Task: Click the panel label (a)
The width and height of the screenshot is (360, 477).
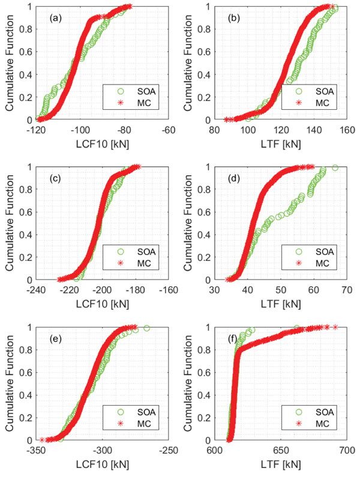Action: [x=55, y=18]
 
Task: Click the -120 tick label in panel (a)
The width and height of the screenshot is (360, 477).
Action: [x=37, y=129]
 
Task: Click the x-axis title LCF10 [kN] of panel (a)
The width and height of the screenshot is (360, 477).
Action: [x=103, y=144]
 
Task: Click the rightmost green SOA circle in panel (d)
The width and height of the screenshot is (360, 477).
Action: [x=335, y=168]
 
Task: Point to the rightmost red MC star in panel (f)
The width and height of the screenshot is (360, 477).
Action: [x=335, y=327]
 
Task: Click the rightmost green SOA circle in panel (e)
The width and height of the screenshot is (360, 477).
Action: [x=146, y=328]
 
